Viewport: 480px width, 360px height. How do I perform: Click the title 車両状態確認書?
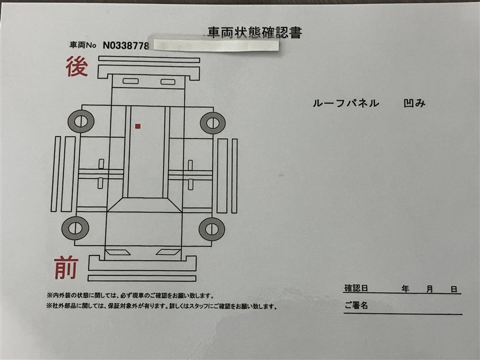tap(254, 33)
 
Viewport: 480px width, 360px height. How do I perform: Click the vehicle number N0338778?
tap(126, 46)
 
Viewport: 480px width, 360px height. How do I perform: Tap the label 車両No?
tap(83, 46)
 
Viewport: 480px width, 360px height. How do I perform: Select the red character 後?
tap(77, 67)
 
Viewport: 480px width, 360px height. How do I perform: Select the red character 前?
tap(66, 268)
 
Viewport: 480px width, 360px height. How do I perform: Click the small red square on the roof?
tap(138, 126)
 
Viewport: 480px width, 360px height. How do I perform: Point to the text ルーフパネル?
tap(346, 103)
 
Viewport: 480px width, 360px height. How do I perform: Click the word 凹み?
tap(415, 103)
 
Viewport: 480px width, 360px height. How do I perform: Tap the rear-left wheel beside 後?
tap(81, 121)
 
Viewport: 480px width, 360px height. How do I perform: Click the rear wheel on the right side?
tap(213, 123)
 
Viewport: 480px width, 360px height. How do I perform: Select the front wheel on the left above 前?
tap(76, 228)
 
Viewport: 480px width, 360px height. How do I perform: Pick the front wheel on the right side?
tap(212, 229)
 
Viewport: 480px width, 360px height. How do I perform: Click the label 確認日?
tap(356, 289)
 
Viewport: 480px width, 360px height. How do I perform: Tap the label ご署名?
tap(356, 305)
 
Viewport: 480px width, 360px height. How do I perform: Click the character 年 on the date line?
tap(405, 289)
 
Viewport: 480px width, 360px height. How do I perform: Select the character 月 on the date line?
tap(430, 289)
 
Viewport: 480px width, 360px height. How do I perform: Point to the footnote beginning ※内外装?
tap(130, 296)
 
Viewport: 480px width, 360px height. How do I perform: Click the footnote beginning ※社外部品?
tap(161, 306)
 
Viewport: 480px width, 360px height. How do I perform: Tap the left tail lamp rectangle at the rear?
tap(130, 81)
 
